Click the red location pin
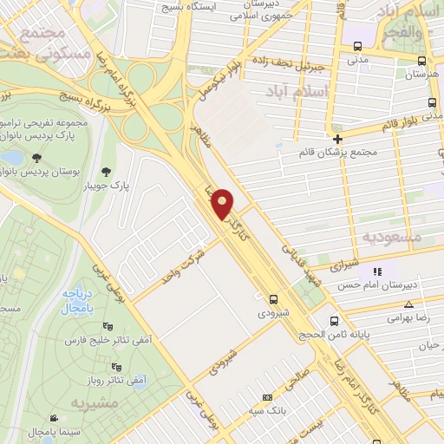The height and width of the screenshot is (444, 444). (x=224, y=202)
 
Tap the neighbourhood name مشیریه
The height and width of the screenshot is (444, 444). (x=91, y=403)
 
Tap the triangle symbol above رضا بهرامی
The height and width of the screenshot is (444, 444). (x=408, y=304)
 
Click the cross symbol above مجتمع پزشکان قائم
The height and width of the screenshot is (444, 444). (x=338, y=138)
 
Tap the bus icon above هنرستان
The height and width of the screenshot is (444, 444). (x=421, y=61)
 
